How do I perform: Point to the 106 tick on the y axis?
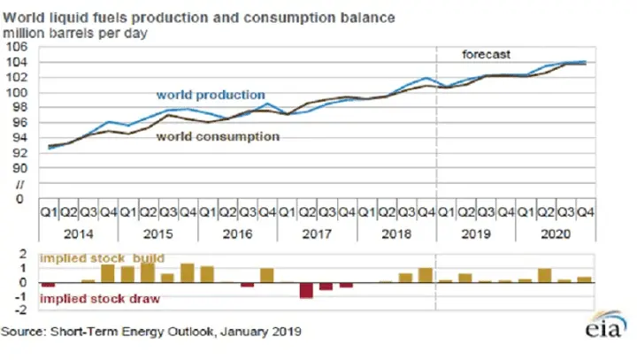tap(17, 47)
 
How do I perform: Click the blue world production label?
tap(211, 95)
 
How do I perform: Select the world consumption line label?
tap(219, 137)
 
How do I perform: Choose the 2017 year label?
tap(315, 235)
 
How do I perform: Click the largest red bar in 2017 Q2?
tap(306, 290)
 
